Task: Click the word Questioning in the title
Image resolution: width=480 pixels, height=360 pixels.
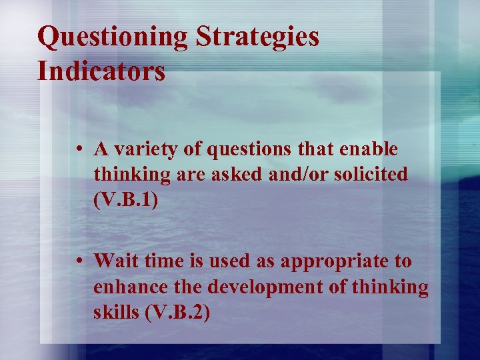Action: tap(113, 37)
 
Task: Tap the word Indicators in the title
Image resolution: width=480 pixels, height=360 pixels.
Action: tap(101, 71)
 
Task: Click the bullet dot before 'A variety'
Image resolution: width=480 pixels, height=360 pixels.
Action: tap(79, 150)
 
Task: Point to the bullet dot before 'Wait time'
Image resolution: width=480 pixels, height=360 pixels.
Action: tap(79, 261)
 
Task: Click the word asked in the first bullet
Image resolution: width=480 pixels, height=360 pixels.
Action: tap(227, 175)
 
